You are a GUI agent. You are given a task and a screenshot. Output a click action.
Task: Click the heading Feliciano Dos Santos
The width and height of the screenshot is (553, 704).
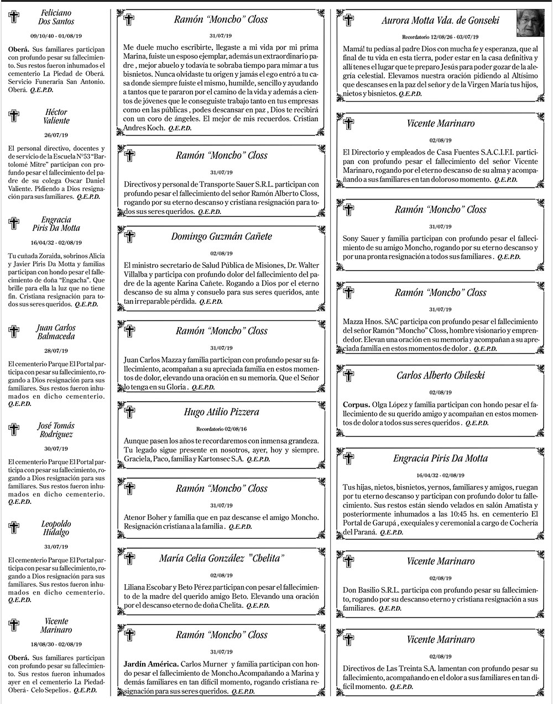(56, 17)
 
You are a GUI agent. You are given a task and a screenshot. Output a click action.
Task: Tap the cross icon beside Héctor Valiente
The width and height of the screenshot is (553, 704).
(14, 115)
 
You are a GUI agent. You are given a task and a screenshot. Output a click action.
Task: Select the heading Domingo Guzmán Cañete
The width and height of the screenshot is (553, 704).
(221, 237)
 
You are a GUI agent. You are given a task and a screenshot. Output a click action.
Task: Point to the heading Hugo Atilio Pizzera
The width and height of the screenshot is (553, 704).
(221, 412)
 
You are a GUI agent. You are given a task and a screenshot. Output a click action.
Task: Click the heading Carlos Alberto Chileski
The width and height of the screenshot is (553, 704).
(440, 376)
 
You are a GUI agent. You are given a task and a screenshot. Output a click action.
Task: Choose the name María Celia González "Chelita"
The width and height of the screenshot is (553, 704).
(221, 558)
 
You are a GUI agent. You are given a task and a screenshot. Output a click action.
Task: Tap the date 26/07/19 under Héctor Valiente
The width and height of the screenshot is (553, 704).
(55, 135)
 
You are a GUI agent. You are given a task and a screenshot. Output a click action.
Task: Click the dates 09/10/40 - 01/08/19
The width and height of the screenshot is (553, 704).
(56, 35)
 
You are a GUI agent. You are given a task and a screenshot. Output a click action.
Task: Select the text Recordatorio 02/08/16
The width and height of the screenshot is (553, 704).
(221, 429)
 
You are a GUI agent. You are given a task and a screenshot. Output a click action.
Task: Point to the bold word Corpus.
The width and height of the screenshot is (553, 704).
(357, 404)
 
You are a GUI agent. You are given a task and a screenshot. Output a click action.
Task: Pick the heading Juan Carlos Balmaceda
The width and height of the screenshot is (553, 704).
(56, 332)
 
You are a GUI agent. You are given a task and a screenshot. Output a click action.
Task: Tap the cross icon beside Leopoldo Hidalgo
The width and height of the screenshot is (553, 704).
(14, 528)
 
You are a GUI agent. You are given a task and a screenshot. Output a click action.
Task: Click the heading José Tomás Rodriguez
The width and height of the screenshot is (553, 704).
(56, 430)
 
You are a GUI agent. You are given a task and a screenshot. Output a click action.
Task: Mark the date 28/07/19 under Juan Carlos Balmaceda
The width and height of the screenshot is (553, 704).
(55, 351)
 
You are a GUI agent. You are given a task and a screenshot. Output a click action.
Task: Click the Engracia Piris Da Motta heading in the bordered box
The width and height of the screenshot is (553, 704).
(440, 459)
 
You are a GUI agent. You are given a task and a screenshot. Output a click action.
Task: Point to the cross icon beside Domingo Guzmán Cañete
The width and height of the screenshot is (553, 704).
(129, 237)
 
